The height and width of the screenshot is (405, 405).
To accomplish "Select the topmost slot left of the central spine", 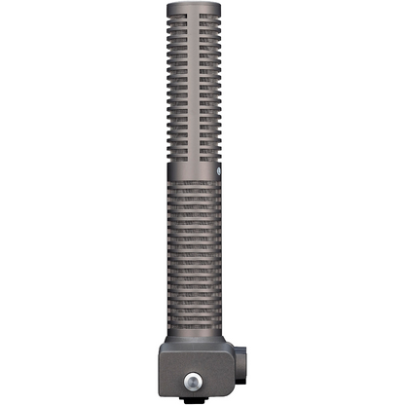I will [185, 17].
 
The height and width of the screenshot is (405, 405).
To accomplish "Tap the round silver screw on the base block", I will [202, 377].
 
